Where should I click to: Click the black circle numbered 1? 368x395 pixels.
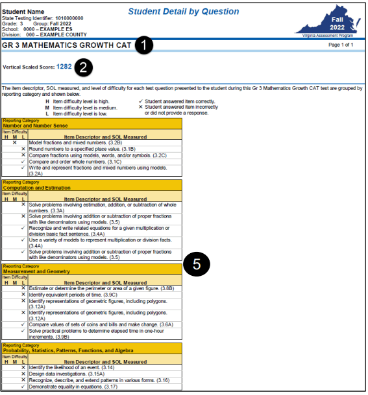(x=144, y=45)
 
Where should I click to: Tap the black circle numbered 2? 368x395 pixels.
(x=83, y=66)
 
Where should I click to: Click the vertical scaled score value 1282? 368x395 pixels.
(x=64, y=66)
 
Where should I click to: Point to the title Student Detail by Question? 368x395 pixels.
(x=184, y=12)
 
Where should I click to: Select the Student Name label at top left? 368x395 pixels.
(x=23, y=11)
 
